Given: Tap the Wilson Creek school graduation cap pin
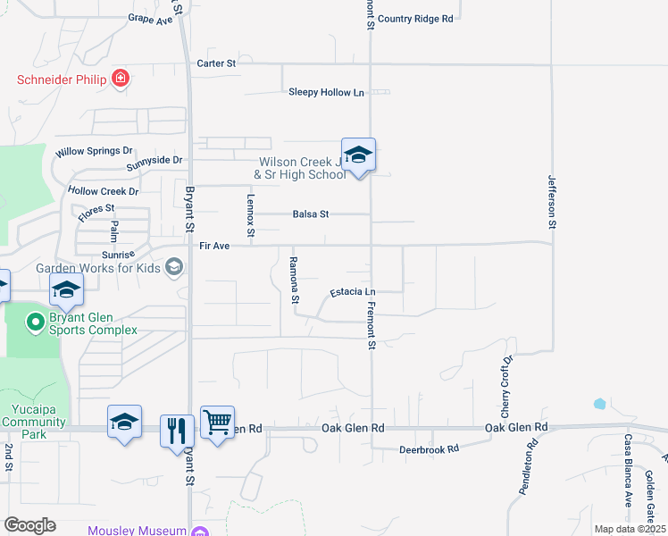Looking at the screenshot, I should coord(358,155).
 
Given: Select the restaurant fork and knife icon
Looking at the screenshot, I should coord(177,430).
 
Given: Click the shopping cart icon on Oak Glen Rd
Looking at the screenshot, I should coord(217,423).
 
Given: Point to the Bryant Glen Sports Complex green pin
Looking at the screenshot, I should coord(36,321).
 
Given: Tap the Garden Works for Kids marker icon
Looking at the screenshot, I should coord(175,267).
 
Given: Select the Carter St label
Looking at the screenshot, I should coord(217,63).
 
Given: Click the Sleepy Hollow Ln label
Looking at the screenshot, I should coord(327,92).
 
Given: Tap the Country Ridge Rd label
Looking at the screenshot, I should coord(415,18).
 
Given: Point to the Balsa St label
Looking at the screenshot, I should coord(312,214).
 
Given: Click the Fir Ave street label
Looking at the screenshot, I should coord(214,245).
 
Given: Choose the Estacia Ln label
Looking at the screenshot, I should coord(353,292).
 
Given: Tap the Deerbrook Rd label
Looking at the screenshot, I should coord(429,448).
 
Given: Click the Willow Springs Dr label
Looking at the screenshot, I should coord(94,152).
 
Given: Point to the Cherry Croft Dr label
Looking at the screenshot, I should coord(505,388).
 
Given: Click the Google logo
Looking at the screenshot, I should coord(29,524).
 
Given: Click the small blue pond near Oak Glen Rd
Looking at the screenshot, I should coord(599,404).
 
